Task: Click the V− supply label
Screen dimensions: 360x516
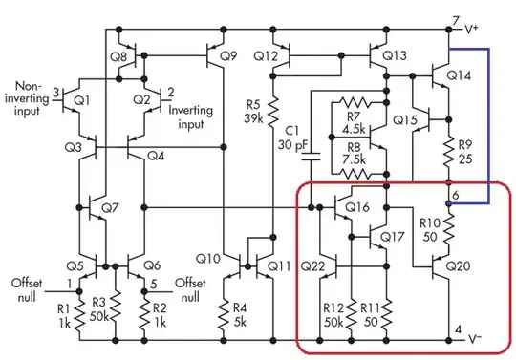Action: click(x=472, y=337)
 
